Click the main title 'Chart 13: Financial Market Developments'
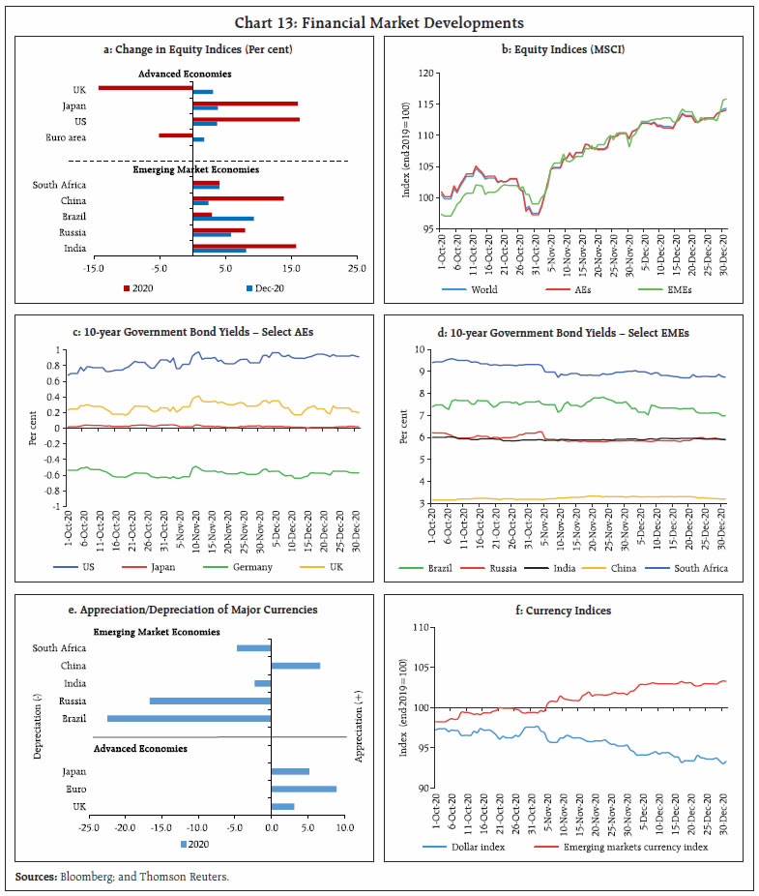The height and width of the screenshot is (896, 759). tap(379, 21)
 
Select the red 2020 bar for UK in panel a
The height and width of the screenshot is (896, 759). tap(145, 87)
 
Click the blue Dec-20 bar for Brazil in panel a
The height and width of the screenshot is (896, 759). tap(223, 219)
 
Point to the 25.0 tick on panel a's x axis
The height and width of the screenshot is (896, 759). tap(357, 268)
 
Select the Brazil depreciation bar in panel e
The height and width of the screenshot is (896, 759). tap(190, 718)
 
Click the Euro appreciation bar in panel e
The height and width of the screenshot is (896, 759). tap(304, 789)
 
